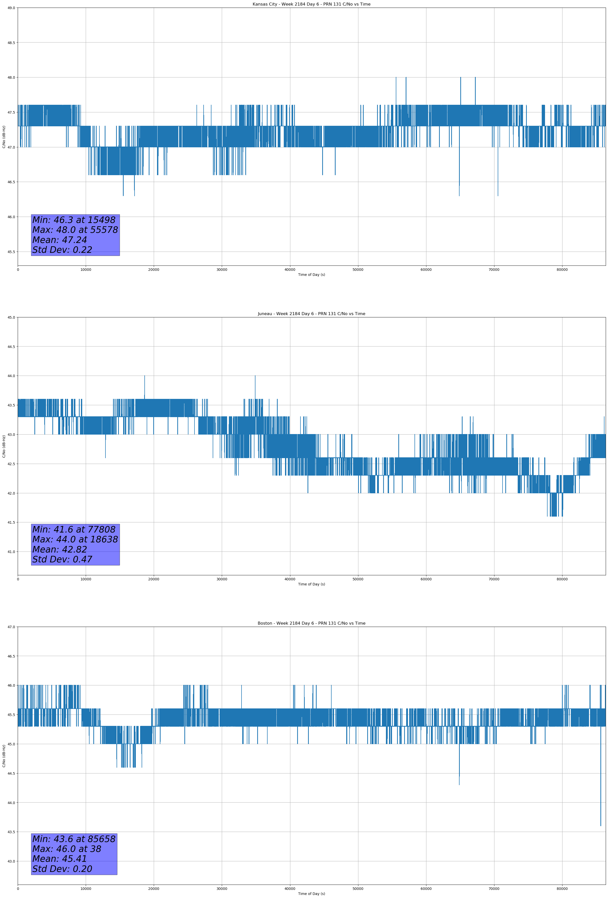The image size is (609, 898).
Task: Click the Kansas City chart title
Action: (311, 4)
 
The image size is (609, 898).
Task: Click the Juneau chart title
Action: (311, 314)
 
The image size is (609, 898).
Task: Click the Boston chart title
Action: (311, 623)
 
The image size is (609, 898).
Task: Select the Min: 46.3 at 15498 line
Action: (74, 220)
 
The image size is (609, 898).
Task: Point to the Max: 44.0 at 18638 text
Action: (75, 539)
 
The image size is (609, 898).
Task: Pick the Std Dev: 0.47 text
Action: (62, 560)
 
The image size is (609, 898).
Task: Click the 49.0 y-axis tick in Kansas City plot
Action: (11, 8)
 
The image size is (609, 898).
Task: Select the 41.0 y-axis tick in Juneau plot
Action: (11, 552)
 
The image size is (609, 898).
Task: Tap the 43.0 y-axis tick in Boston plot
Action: (11, 861)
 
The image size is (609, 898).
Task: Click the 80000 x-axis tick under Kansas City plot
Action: (562, 270)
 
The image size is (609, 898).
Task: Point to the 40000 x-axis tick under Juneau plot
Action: (290, 579)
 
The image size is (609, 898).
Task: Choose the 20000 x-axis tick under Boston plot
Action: (154, 889)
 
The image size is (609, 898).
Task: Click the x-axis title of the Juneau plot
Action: (311, 584)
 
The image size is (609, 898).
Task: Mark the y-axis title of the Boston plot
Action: (4, 756)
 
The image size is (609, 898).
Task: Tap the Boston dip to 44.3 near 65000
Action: (459, 783)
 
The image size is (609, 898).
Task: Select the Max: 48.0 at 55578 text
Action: (75, 230)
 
